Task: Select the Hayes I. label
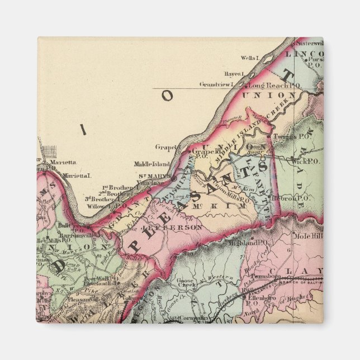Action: click(235, 74)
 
